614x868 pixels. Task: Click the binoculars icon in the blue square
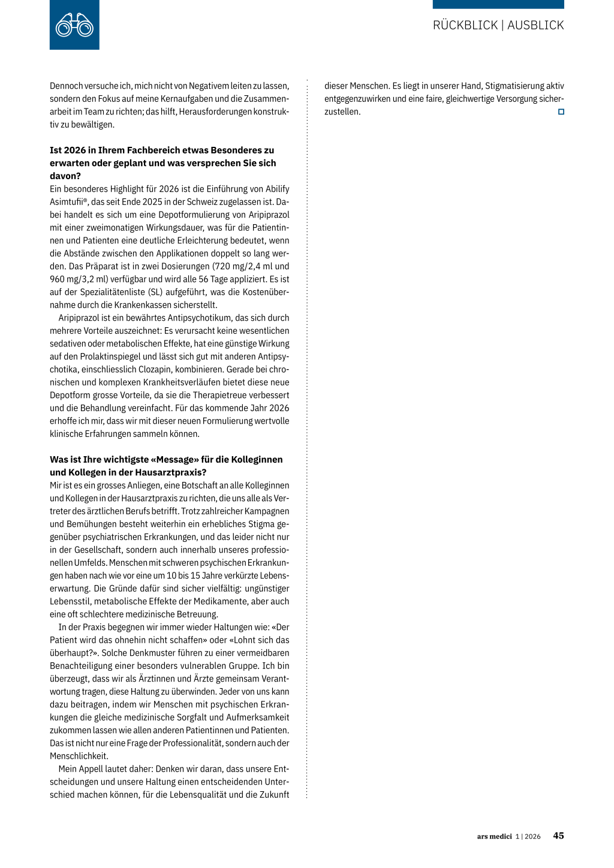coord(74,25)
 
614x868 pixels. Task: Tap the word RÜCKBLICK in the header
coord(465,25)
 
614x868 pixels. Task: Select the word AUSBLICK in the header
coord(535,25)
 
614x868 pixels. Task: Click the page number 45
coord(558,836)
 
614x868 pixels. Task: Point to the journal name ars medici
coord(494,836)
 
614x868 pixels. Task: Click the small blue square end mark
coord(561,112)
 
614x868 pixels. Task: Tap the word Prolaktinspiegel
coord(101,357)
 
